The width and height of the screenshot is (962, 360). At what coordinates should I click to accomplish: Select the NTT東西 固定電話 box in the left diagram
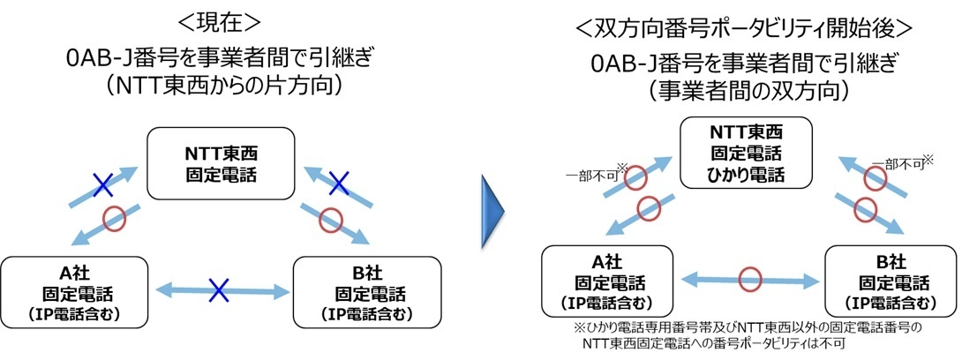221,163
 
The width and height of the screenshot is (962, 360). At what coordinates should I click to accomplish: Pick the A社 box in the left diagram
74,292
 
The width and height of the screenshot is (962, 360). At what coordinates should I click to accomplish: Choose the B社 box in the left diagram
367,292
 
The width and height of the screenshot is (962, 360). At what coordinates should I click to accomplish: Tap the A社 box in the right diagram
606,281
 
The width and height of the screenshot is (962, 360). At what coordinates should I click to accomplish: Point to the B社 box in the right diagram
894,281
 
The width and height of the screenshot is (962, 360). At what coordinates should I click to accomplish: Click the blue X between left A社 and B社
219,290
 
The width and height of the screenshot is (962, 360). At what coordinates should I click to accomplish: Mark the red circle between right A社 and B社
749,279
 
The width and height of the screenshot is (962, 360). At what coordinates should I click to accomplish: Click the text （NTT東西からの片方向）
222,86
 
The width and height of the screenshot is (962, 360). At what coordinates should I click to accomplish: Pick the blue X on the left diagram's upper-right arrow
338,182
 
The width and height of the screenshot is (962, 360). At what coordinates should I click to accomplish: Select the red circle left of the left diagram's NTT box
114,219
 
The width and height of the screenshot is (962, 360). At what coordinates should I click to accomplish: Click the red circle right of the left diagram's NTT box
331,220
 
